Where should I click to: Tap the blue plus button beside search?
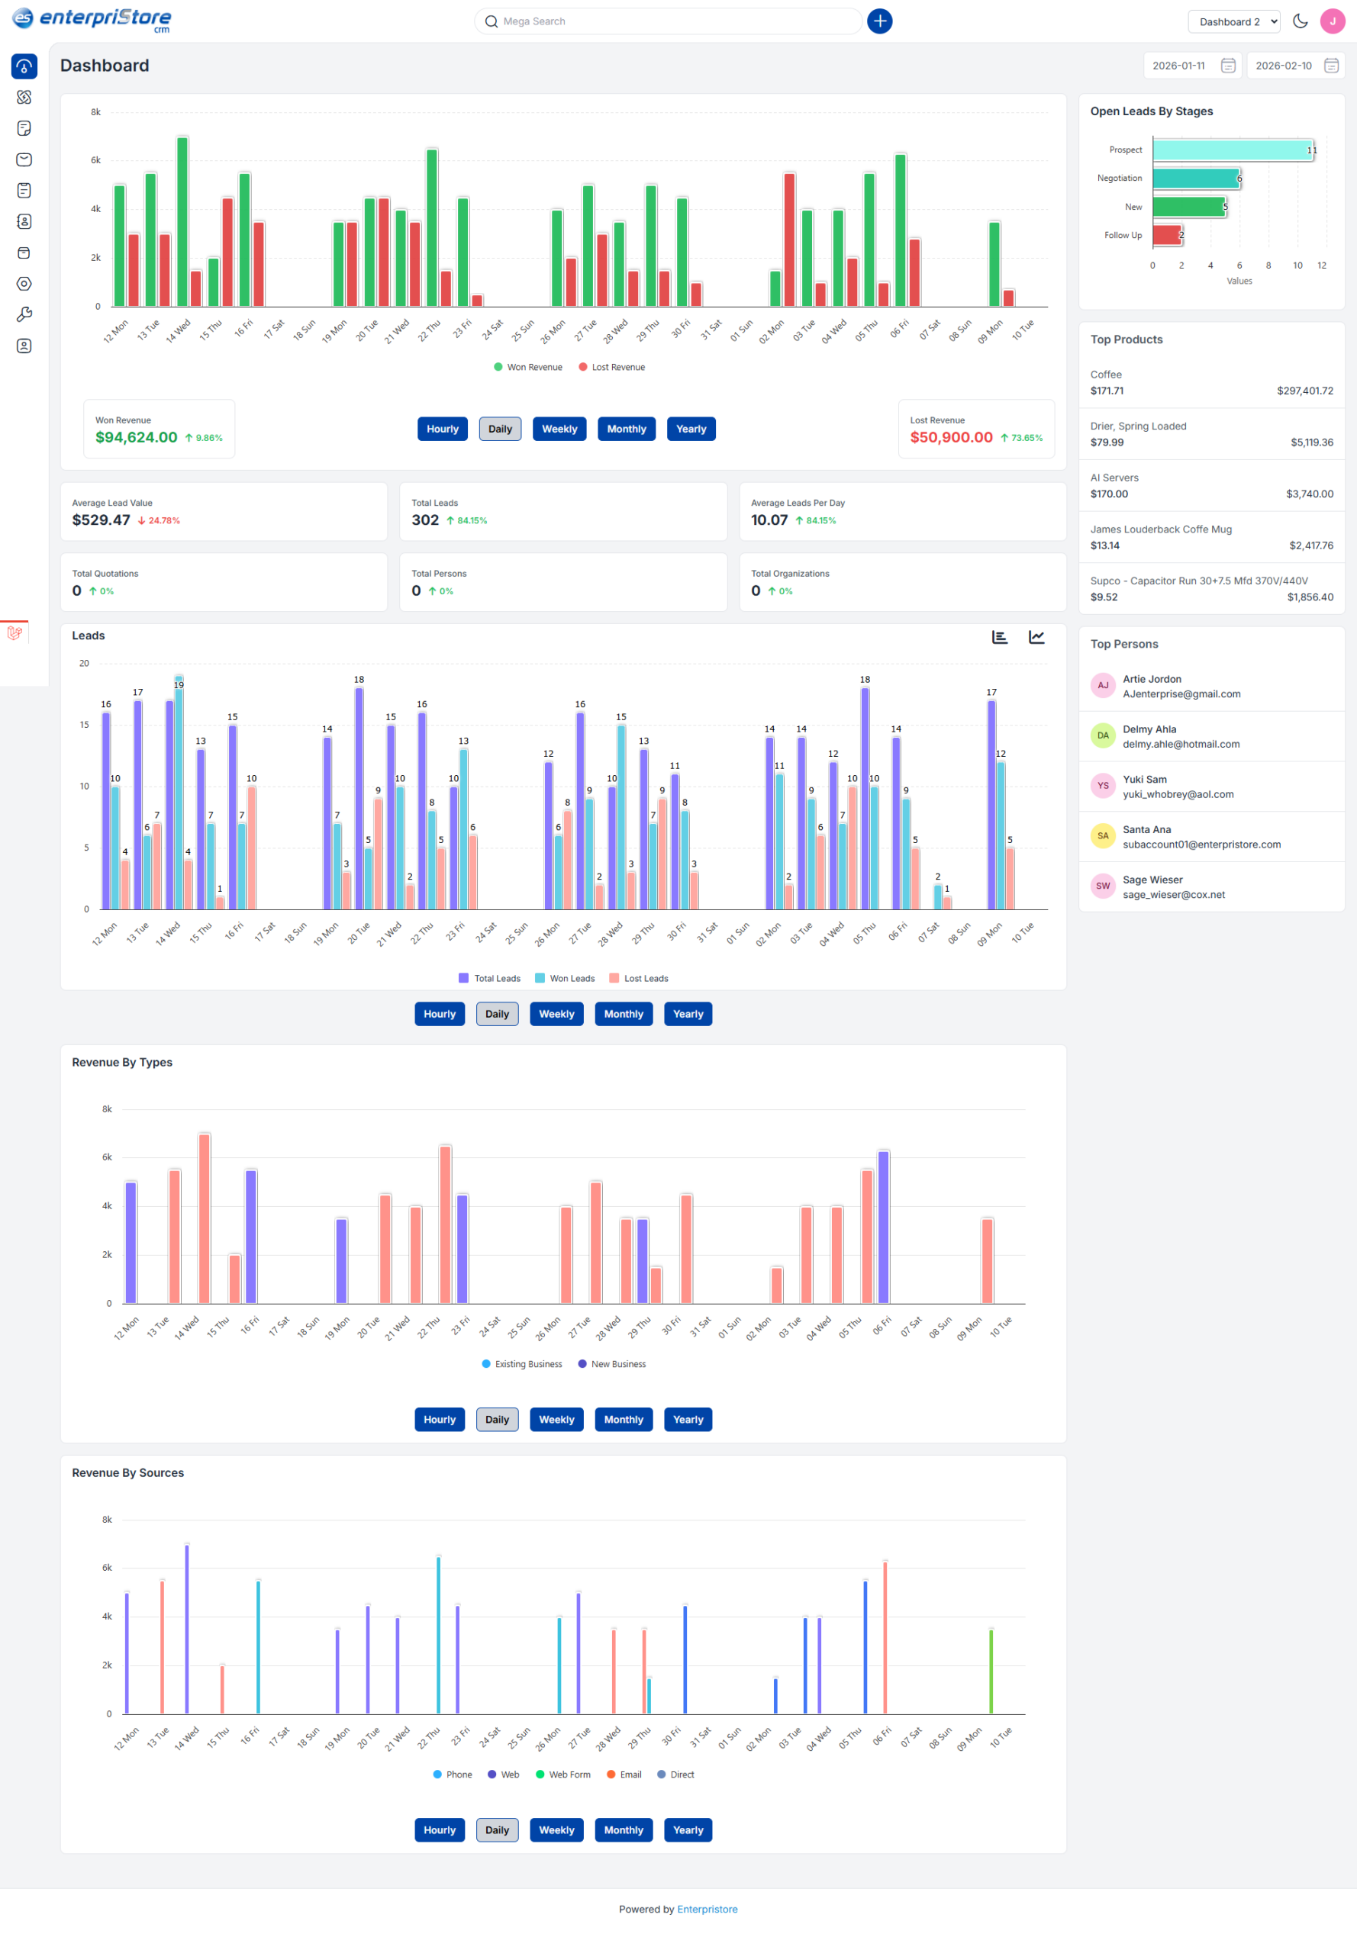click(879, 21)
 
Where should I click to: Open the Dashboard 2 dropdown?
click(1233, 22)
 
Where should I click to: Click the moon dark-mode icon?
click(1299, 21)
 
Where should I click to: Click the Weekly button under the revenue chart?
click(559, 430)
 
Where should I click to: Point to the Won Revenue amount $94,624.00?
click(136, 438)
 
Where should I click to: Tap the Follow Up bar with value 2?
click(1166, 236)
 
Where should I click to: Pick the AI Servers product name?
click(1114, 478)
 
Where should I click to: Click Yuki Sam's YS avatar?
click(1102, 785)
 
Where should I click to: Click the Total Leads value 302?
click(424, 520)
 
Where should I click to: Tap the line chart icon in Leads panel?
click(1036, 638)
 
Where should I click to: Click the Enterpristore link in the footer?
click(707, 1909)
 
